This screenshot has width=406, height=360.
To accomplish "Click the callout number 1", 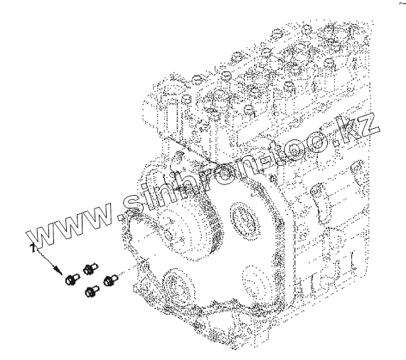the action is click(32, 248).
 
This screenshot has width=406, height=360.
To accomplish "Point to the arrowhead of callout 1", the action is click(59, 270).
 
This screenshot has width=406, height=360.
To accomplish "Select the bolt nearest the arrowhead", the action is click(73, 280).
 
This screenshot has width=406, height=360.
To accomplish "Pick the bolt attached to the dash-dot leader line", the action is click(110, 280).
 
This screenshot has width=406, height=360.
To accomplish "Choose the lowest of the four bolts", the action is click(92, 291).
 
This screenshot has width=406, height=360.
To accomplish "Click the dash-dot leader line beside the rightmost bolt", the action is click(127, 270).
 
